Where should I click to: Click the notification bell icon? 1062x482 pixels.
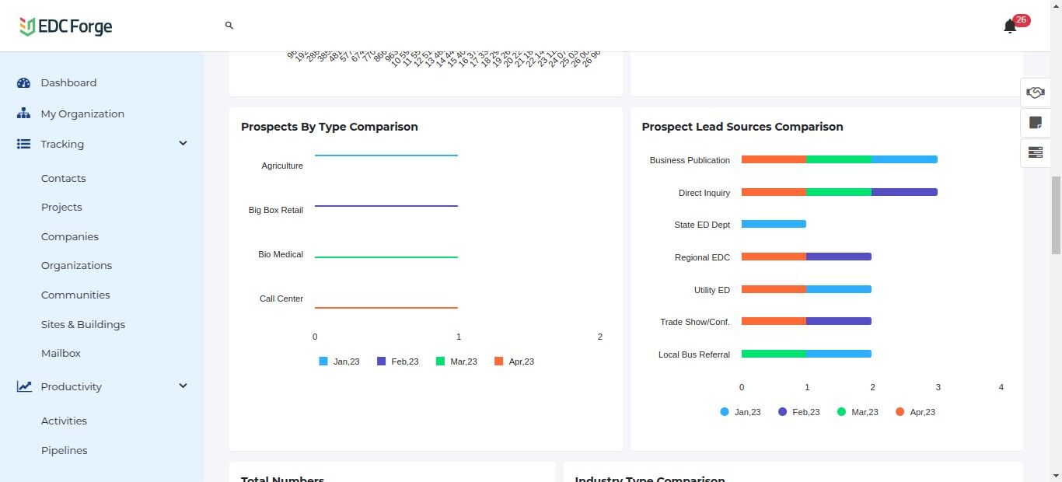click(x=1010, y=26)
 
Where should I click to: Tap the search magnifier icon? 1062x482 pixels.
click(x=229, y=26)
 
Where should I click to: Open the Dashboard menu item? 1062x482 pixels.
click(x=68, y=82)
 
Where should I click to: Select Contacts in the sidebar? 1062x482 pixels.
click(x=64, y=178)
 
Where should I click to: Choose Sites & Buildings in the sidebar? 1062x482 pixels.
click(x=83, y=324)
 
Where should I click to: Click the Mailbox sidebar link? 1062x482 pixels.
click(x=61, y=353)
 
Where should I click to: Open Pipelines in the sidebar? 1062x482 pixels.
click(x=65, y=450)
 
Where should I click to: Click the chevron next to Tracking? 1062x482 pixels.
click(x=183, y=144)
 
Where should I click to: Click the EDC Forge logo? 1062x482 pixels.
click(x=66, y=26)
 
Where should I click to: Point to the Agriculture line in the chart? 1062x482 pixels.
click(x=386, y=155)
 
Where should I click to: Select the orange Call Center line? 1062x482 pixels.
click(x=386, y=308)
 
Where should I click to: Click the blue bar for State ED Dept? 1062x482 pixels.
click(x=774, y=224)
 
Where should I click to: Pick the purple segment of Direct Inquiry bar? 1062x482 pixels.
click(x=904, y=192)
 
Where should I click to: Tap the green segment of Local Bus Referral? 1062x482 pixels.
click(x=774, y=354)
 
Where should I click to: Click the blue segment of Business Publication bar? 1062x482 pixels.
click(x=904, y=159)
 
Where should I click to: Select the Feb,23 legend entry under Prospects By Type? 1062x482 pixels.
click(x=398, y=361)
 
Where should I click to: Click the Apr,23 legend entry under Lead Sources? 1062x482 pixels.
click(x=916, y=412)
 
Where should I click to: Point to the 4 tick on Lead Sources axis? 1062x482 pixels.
click(x=1001, y=387)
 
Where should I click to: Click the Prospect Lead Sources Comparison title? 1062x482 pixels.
click(x=742, y=127)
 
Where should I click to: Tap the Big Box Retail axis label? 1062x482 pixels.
click(x=276, y=210)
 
